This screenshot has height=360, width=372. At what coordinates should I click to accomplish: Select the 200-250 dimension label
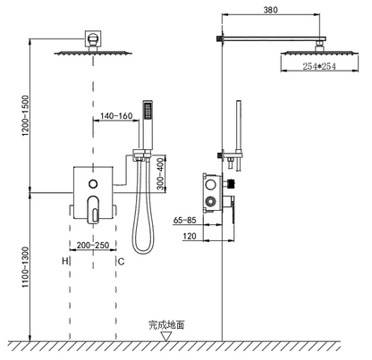[x=93, y=245]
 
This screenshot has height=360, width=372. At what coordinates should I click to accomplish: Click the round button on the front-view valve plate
[x=93, y=185]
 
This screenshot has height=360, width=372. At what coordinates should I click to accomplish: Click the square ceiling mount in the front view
[x=92, y=40]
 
